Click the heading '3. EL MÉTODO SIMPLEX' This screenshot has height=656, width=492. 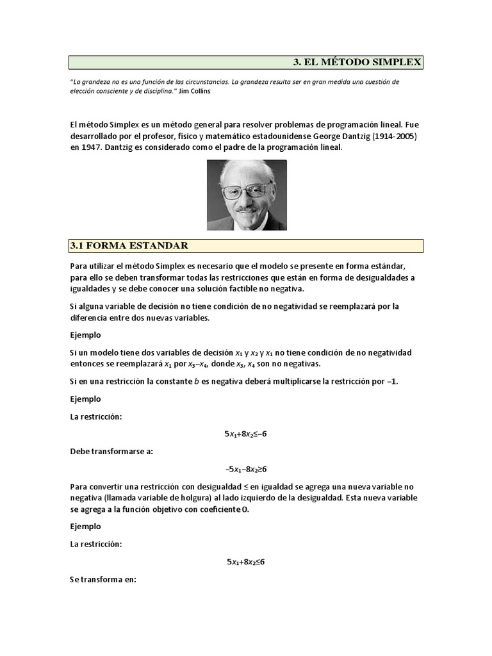point(357,62)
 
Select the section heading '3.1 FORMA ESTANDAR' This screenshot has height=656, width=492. point(129,246)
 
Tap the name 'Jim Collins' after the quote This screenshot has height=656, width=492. point(194,91)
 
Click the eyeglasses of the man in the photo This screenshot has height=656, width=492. point(246,190)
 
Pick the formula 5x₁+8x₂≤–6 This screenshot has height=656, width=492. point(245,434)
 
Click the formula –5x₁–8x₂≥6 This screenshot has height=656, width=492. point(245,469)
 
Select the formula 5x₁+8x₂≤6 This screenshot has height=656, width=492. point(245,562)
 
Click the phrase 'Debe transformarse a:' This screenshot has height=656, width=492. point(111,452)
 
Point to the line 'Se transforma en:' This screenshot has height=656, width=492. point(103,580)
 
